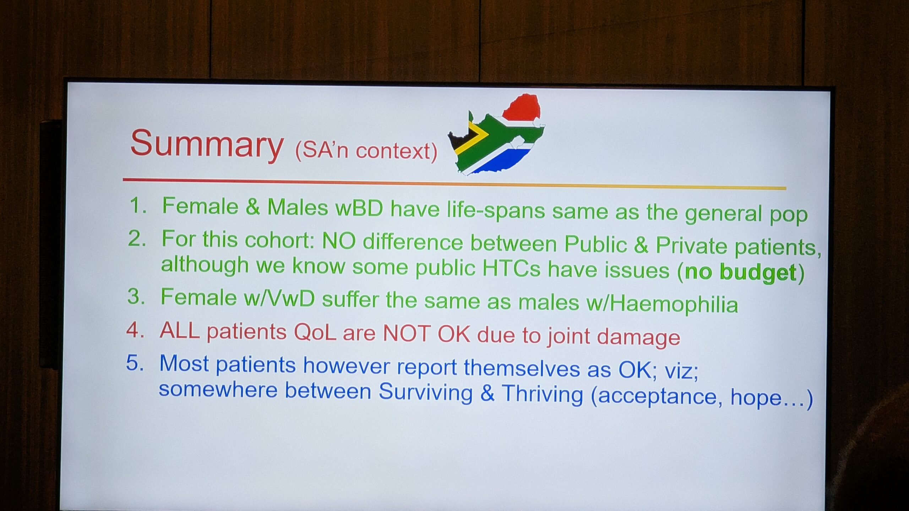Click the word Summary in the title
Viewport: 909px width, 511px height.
click(207, 144)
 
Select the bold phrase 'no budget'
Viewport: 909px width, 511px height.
click(740, 273)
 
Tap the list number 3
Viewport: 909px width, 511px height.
click(136, 296)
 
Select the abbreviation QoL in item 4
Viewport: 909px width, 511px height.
click(315, 333)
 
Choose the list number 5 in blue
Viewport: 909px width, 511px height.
click(135, 363)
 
